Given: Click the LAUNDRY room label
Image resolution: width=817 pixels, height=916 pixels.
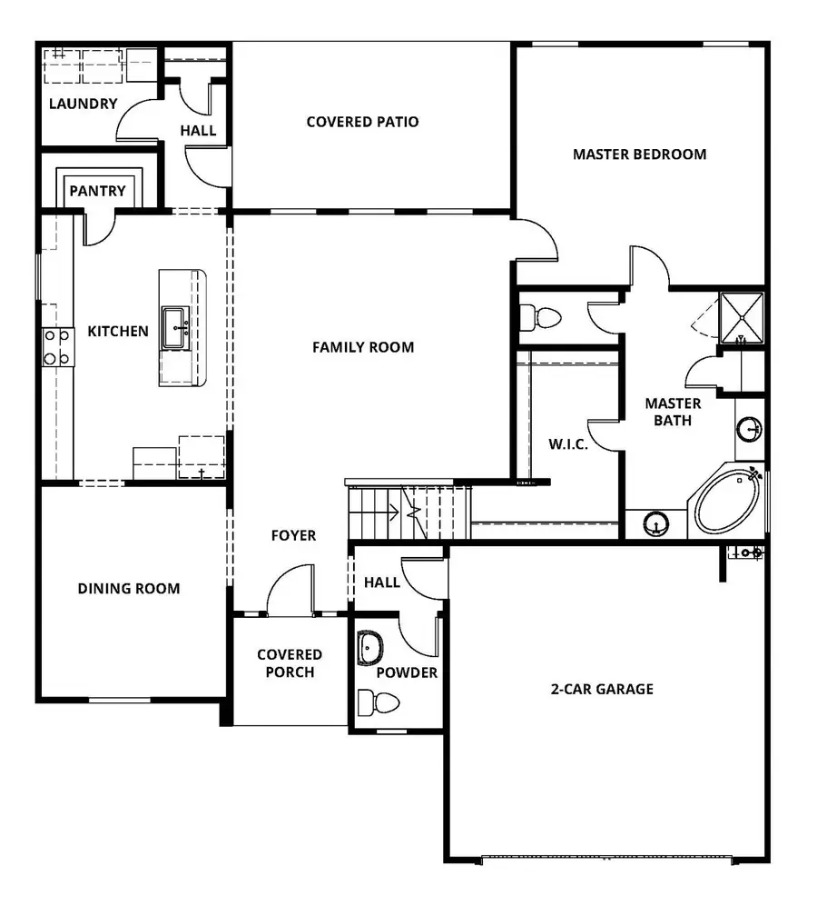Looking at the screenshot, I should click(83, 104).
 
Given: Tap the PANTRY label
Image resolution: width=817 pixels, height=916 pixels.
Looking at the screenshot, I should click(97, 191).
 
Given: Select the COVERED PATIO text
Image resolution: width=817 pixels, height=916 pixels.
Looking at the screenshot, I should click(362, 122).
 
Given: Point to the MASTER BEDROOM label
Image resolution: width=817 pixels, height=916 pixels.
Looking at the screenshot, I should click(639, 154).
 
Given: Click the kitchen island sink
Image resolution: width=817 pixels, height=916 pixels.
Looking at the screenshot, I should click(175, 327).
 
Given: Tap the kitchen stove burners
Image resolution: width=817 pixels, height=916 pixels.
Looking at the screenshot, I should click(56, 347).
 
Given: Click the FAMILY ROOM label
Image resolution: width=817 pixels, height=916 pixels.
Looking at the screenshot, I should click(363, 347).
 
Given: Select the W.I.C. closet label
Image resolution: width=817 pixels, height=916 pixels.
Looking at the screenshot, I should click(568, 444).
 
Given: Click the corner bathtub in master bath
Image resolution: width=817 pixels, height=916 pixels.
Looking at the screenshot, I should click(728, 501).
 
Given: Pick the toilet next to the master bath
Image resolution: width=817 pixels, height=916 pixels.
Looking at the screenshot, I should click(542, 317).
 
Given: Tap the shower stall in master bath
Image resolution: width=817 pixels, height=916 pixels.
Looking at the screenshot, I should click(741, 319).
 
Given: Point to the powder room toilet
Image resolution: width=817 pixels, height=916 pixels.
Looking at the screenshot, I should click(379, 703).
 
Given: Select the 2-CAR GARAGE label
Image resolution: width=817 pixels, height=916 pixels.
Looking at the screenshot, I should click(601, 689).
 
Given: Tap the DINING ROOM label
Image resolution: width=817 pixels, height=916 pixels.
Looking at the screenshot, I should click(128, 589).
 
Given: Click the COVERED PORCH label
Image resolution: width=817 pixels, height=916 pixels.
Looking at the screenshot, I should click(290, 663).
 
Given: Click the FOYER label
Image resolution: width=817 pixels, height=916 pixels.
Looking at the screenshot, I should click(293, 535).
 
